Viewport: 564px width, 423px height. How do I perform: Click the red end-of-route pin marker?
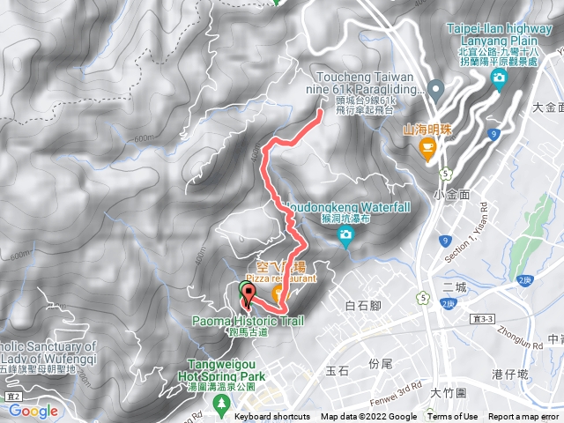click(x=244, y=300)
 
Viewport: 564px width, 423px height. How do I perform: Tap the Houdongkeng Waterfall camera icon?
click(x=345, y=234)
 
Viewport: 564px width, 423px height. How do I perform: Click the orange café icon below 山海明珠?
click(x=427, y=150)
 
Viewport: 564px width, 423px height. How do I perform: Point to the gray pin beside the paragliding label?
click(x=434, y=89)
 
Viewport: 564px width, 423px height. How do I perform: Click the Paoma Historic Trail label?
click(x=247, y=322)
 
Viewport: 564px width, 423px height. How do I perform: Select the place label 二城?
click(x=455, y=286)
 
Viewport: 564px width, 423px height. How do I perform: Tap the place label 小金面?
click(x=449, y=192)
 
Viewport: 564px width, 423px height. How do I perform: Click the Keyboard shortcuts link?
click(x=272, y=417)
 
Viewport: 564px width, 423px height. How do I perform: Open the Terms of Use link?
click(x=453, y=417)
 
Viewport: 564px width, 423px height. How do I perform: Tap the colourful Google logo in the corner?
click(x=33, y=411)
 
